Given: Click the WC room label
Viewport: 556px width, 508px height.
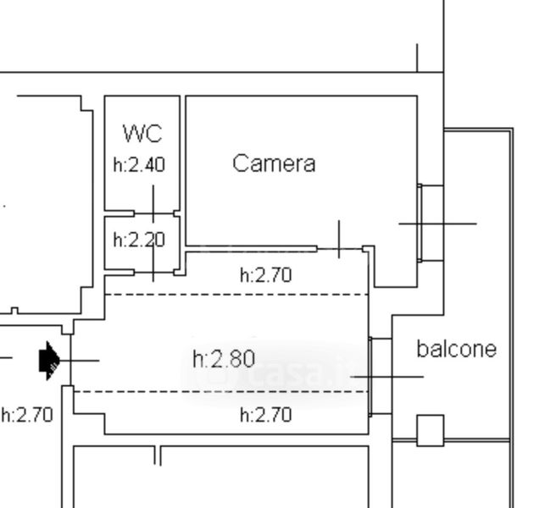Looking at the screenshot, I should coord(142,134).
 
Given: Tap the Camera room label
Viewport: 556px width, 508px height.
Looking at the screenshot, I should coord(274,163).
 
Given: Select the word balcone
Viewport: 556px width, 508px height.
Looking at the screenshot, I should coord(456,349).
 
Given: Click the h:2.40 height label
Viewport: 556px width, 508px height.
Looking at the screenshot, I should coord(139,164).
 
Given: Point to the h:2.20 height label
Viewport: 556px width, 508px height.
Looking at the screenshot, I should coord(139,240).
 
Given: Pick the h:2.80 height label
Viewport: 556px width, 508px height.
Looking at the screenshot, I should coord(224,359).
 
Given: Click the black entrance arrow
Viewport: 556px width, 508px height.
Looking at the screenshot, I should coord(49,359).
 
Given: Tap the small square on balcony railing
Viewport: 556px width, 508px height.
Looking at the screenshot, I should coord(430,430).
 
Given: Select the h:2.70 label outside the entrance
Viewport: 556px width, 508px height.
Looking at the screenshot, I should coord(26,415).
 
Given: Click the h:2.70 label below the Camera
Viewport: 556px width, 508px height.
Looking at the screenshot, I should coord(266,274).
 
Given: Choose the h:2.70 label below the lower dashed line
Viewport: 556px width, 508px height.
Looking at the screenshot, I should coord(266,415).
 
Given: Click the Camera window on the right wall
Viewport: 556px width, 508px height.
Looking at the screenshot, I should coord(430,223).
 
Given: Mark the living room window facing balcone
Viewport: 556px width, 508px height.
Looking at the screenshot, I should coord(380,377).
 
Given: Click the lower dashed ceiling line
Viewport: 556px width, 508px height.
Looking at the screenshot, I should coord(220,391).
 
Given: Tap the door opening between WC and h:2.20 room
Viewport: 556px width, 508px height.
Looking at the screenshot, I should coord(153,213).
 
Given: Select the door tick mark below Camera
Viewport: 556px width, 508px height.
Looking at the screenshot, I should coord(339,240).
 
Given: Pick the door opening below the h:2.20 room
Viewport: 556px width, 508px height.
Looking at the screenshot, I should coord(153,272).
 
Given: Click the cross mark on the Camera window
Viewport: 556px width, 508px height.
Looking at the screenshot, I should coord(437,224).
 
